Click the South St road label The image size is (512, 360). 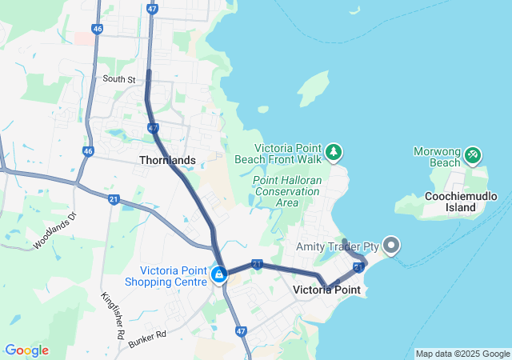[120, 79]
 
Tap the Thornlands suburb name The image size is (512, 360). [167, 160]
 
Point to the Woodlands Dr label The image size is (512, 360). [54, 231]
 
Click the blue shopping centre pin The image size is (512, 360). [218, 274]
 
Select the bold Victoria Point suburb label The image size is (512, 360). [326, 290]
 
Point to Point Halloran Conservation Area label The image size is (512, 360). [286, 191]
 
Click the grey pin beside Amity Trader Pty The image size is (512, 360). [391, 246]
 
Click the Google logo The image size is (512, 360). [26, 350]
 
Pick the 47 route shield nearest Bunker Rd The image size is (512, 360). [241, 330]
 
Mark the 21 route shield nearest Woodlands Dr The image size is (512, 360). [114, 199]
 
